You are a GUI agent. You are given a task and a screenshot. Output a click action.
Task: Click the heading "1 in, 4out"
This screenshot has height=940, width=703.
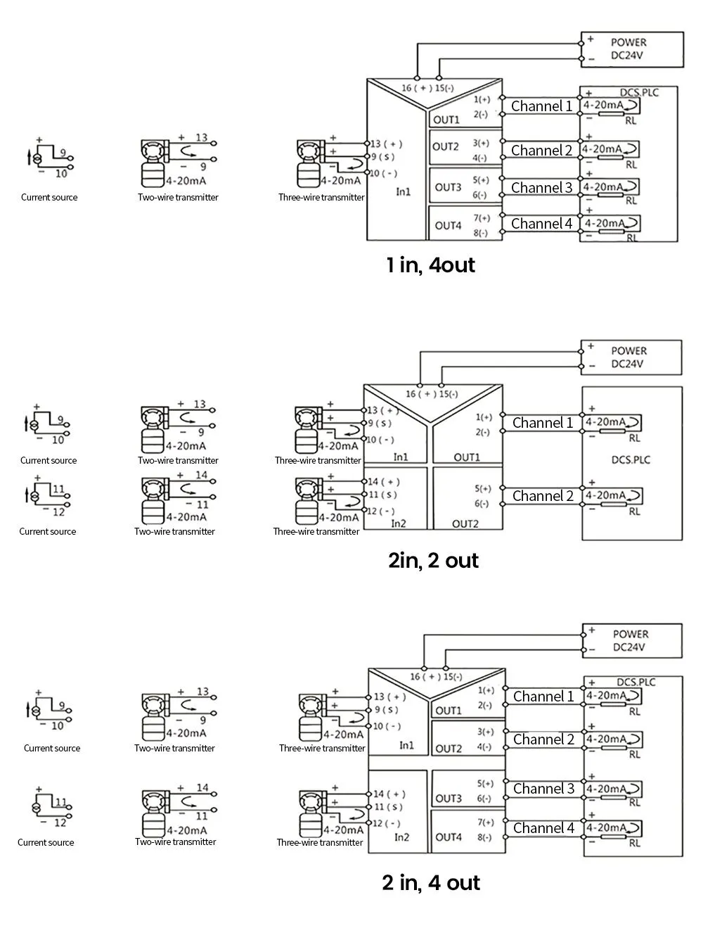(430, 265)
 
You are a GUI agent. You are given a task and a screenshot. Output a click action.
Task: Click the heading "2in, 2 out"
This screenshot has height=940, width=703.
(433, 561)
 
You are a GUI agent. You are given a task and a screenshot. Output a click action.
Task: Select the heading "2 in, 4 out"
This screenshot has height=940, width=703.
(431, 882)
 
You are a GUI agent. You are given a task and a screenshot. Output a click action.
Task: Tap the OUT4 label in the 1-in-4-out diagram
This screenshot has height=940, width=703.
(448, 226)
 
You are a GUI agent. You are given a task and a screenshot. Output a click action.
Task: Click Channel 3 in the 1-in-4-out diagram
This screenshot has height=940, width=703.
(541, 188)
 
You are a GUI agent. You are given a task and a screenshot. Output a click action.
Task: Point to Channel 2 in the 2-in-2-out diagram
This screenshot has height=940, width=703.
(543, 496)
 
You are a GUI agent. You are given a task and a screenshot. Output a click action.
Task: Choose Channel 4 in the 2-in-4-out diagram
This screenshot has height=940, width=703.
(543, 828)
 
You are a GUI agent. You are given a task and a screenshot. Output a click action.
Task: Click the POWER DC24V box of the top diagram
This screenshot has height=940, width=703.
(632, 49)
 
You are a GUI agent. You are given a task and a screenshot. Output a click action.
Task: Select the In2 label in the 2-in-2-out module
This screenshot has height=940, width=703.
(399, 523)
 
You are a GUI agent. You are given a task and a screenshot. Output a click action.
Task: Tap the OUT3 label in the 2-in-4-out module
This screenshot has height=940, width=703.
(449, 799)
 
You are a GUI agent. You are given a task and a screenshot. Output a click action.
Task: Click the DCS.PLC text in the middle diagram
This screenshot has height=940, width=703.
(631, 460)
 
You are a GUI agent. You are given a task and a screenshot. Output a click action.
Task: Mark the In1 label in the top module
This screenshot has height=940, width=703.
(403, 191)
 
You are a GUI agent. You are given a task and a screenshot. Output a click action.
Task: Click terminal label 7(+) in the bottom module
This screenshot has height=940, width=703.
(486, 823)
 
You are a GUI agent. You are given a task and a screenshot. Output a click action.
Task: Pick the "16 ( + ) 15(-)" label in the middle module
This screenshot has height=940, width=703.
(432, 393)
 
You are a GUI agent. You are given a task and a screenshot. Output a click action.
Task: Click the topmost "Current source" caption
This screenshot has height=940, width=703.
(49, 198)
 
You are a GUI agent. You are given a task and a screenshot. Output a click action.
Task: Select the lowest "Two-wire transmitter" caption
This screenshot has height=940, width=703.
(176, 841)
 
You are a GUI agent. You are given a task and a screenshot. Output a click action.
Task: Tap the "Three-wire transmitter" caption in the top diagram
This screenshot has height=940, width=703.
(321, 198)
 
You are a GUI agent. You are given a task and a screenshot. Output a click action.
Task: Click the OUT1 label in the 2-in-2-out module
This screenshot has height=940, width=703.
(467, 457)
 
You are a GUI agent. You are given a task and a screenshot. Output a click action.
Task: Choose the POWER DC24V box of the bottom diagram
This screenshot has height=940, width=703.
(633, 641)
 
